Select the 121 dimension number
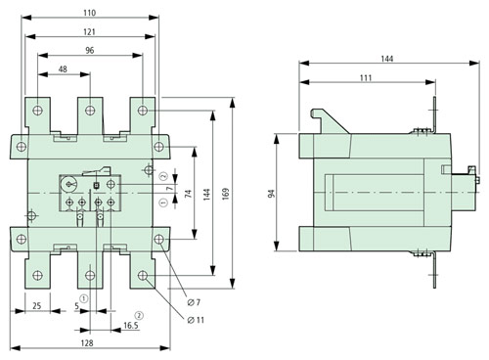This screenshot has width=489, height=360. pyautogui.click(x=89, y=32)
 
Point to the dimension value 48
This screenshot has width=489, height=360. pyautogui.click(x=63, y=70)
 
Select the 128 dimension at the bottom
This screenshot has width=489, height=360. pyautogui.click(x=89, y=345)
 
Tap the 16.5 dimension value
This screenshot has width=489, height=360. pyautogui.click(x=129, y=326)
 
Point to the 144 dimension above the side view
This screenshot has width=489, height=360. pyautogui.click(x=386, y=60)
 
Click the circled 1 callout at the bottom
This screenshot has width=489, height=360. pyautogui.click(x=85, y=298)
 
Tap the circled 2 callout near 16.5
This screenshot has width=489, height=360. pyautogui.click(x=139, y=315)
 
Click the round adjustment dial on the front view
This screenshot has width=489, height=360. pyautogui.click(x=70, y=185)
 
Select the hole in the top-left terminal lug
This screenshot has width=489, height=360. pyautogui.click(x=37, y=110)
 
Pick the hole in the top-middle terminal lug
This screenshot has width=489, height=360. pyautogui.click(x=90, y=110)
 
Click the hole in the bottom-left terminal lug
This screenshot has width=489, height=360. pyautogui.click(x=37, y=276)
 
